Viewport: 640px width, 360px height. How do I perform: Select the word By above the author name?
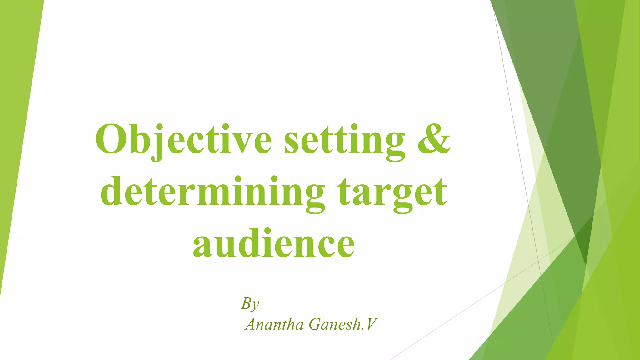click(250, 303)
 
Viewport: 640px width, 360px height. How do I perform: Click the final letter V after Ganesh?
click(371, 324)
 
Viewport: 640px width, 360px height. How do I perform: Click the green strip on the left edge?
click(16, 125)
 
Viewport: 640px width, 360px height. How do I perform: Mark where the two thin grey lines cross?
click(538, 260)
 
